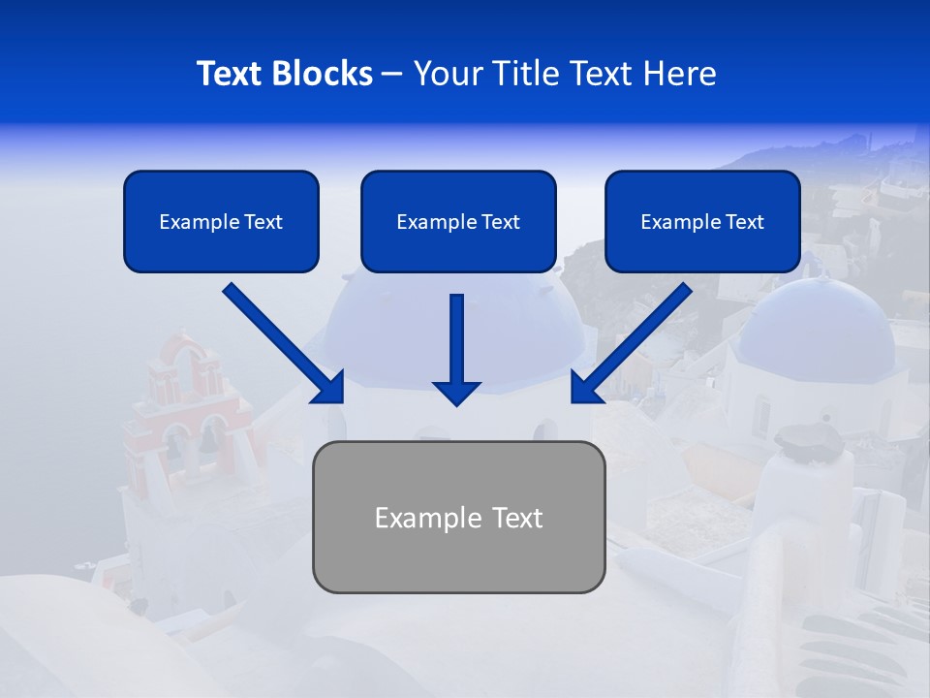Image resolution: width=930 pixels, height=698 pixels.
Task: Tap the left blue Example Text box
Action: (x=221, y=222)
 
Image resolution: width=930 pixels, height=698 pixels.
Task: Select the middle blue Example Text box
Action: (x=458, y=222)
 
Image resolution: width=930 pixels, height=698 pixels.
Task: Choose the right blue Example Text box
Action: (x=702, y=222)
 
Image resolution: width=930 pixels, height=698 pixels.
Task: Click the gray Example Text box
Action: (x=458, y=518)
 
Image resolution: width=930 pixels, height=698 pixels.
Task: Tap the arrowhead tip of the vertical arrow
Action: (x=456, y=403)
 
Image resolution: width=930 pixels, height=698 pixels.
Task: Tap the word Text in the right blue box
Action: (x=744, y=222)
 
